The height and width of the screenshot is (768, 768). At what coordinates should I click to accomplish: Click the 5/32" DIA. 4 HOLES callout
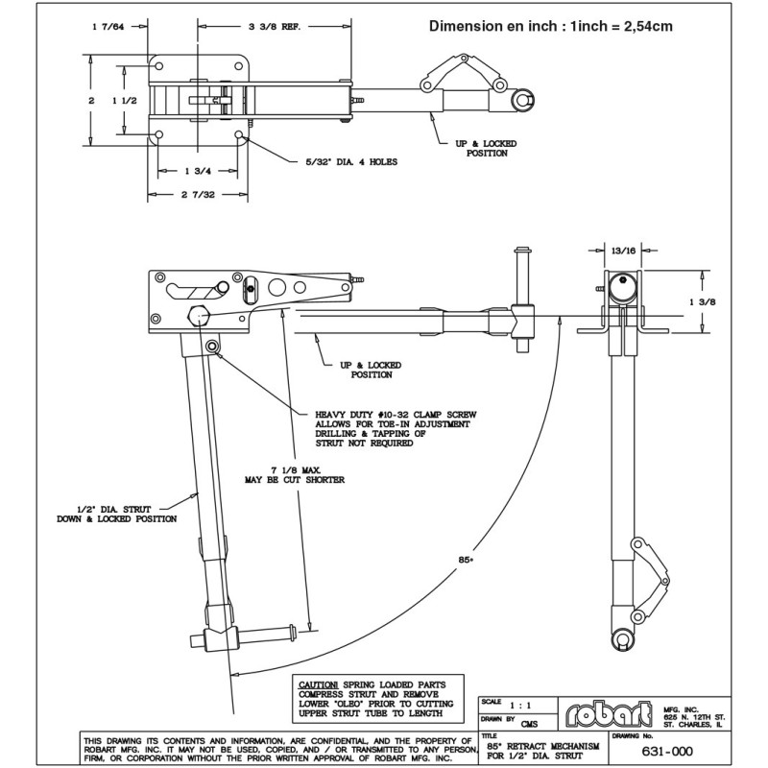(346, 162)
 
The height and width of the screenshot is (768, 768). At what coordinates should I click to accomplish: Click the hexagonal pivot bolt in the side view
(200, 316)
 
